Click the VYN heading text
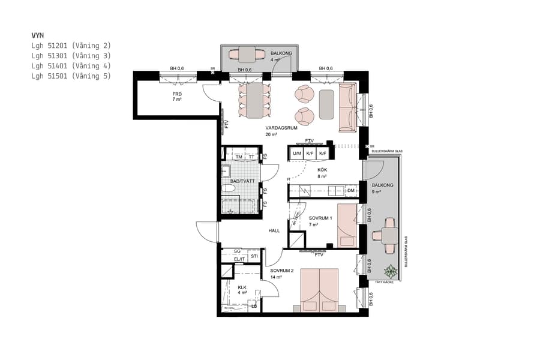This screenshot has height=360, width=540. click(x=38, y=35)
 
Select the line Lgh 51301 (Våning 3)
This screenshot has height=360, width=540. click(x=71, y=56)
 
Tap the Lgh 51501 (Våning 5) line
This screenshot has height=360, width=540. click(x=71, y=76)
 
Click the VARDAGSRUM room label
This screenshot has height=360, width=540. click(x=282, y=128)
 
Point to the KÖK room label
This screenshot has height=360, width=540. click(x=322, y=170)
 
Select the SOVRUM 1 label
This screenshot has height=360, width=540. click(x=320, y=218)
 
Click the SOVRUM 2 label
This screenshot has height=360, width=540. click(x=282, y=271)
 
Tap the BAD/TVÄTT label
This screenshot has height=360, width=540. click(x=242, y=180)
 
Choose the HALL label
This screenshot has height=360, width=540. click(x=274, y=230)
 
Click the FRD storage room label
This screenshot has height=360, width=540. click(x=177, y=95)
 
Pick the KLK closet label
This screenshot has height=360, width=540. click(x=242, y=287)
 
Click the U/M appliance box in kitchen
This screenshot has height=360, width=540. click(x=296, y=154)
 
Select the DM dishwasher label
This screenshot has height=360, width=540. click(x=351, y=191)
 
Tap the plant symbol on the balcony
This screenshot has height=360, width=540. click(x=391, y=272)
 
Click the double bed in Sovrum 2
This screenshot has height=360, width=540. click(x=319, y=289)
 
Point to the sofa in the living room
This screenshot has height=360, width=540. click(x=347, y=107)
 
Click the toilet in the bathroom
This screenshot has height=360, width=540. click(x=228, y=189)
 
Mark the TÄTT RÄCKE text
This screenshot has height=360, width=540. click(x=384, y=281)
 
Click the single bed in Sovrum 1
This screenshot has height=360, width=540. click(x=346, y=225)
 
